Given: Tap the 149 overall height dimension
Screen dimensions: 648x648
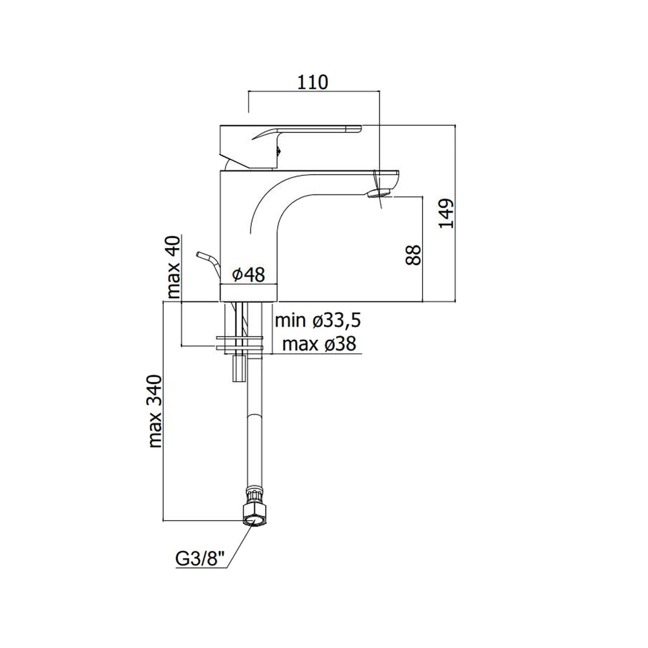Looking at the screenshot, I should (447, 214).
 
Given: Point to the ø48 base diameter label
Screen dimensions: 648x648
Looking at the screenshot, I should (249, 274).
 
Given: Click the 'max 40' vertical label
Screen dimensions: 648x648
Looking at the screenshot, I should (173, 266).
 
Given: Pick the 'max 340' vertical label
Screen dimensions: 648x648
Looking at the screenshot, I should (156, 411).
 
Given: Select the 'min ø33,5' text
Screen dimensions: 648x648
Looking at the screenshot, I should (318, 321).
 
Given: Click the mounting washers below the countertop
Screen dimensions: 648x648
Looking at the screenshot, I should (239, 342).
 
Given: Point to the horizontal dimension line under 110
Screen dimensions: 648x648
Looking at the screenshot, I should (313, 91).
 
